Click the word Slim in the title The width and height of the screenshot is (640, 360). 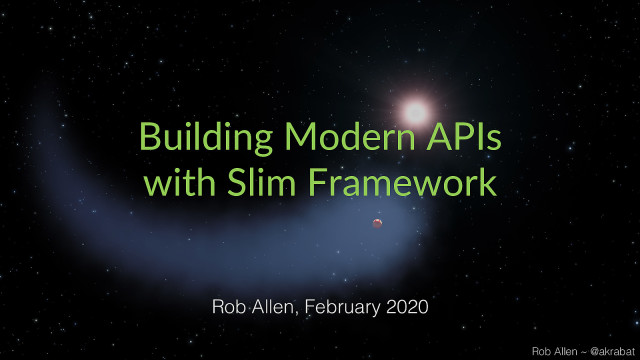click(258, 184)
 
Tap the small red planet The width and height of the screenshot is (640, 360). click(377, 222)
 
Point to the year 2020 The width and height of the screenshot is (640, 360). click(408, 307)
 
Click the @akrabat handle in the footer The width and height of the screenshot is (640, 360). click(610, 350)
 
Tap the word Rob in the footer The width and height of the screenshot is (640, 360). click(542, 350)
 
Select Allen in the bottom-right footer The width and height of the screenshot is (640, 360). click(566, 350)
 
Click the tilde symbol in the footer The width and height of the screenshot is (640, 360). click(584, 350)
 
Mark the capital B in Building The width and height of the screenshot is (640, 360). click(149, 137)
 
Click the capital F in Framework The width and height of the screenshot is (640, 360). click(327, 184)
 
